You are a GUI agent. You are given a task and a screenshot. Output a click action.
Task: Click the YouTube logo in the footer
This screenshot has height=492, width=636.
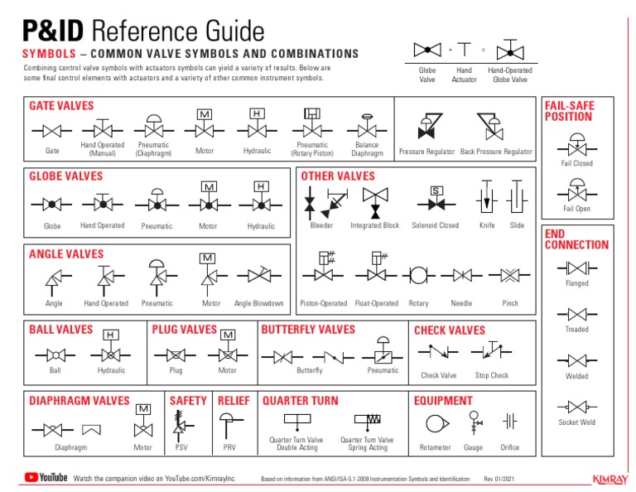coord(46,477)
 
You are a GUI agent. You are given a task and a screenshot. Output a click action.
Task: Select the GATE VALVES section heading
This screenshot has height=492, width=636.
coord(62,106)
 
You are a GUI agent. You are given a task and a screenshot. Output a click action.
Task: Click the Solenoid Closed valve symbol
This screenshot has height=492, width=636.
coord(436,201)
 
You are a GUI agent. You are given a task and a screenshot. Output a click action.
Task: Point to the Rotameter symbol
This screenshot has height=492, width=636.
coord(435,424)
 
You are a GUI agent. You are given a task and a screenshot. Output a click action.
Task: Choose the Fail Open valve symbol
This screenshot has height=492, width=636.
coord(577,190)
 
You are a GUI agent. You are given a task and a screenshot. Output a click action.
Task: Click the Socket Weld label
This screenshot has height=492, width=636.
coord(577,422)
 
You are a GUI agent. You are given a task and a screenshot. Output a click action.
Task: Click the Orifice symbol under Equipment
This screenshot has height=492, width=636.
coord(510,422)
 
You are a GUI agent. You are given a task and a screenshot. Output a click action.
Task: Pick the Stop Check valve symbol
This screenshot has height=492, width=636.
coord(491,351)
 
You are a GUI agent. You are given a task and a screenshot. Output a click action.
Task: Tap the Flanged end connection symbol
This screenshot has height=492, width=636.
coord(577,268)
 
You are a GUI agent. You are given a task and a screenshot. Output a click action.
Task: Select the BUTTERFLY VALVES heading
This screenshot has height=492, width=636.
coord(308,330)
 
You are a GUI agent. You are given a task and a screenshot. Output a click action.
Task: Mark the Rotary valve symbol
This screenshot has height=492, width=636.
coord(419,273)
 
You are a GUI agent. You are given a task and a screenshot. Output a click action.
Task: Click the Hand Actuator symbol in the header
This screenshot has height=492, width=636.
coord(465,51)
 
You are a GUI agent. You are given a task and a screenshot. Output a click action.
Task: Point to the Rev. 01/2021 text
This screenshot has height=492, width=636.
coord(500,480)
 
